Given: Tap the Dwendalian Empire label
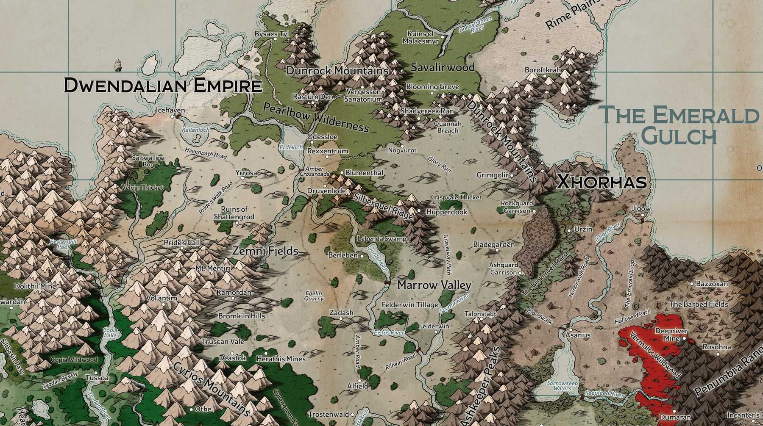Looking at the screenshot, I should point(163,86).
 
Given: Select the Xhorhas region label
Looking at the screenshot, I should point(601,182).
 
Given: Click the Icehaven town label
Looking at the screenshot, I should point(170,110).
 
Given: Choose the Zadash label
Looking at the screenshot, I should point(341,313).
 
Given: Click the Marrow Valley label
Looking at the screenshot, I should point(434,285).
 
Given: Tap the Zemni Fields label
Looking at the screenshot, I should point(265,251).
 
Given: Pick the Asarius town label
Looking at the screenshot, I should point(578,335).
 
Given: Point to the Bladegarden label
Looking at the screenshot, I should point(494,244).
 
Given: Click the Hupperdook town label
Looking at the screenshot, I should point(447,212).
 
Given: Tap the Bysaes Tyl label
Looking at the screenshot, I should point(272,33).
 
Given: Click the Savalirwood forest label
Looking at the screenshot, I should point(443,67).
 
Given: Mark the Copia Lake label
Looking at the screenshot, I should point(110,332).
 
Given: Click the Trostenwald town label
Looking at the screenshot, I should point(328,414).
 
